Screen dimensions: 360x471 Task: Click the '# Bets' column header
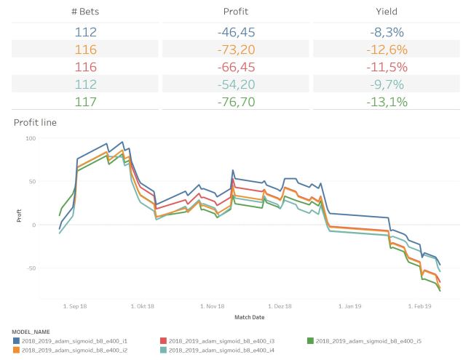(85, 12)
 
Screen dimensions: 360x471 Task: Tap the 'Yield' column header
(386, 12)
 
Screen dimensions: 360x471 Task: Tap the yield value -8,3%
(386, 32)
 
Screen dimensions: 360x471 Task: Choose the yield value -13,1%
(386, 102)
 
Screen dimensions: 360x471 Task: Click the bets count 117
(85, 102)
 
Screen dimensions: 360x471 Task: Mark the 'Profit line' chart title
(35, 122)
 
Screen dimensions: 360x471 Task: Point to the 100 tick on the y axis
(30, 138)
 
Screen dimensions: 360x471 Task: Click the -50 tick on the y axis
(30, 268)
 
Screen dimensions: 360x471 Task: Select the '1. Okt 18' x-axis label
(142, 306)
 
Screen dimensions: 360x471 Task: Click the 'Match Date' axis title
(249, 317)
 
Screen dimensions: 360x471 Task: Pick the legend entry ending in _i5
(360, 340)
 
